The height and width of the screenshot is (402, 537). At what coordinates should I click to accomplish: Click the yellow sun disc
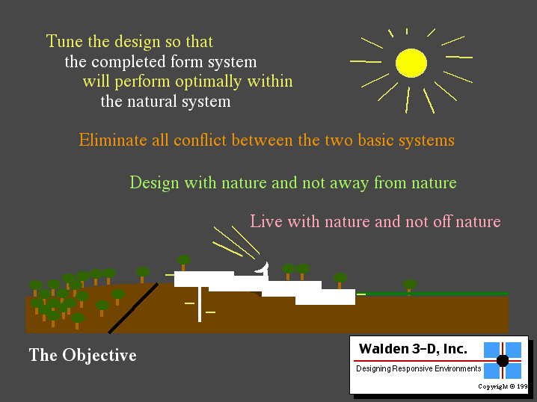point(411,63)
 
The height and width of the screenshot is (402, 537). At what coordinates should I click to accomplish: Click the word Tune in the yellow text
point(64,41)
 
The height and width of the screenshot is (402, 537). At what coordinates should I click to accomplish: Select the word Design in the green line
point(155,183)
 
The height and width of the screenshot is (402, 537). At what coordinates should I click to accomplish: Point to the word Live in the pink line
point(266,221)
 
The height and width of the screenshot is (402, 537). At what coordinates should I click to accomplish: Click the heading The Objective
point(82,355)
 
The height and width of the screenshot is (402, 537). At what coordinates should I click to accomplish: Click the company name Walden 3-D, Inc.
point(413,349)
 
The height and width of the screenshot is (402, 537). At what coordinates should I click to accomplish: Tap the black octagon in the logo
point(503,361)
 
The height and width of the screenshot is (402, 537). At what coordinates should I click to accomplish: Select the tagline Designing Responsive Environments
point(419,369)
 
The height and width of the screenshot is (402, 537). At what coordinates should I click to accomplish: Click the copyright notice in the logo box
point(503,386)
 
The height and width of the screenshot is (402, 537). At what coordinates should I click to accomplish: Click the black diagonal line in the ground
point(133,308)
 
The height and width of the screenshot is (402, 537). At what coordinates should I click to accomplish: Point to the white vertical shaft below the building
point(200,304)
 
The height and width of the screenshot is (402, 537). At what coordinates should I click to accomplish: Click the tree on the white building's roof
point(184,263)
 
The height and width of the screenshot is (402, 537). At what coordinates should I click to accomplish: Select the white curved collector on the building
point(263,269)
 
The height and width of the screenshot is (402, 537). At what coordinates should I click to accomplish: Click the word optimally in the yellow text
point(209,82)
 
